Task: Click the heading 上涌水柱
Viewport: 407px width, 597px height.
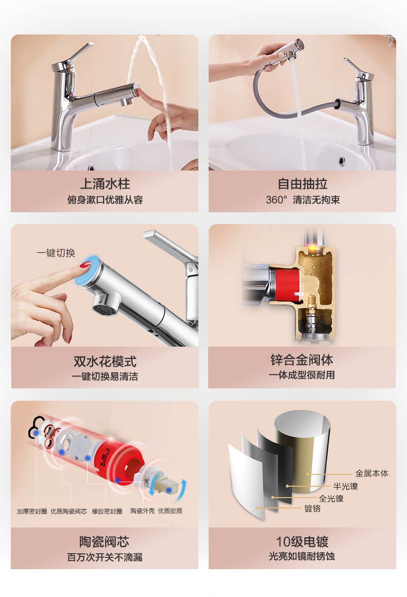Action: pyautogui.click(x=105, y=183)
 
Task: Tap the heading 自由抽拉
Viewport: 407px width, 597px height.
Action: pyautogui.click(x=302, y=183)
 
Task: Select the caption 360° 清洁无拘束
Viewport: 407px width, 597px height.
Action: pyautogui.click(x=303, y=200)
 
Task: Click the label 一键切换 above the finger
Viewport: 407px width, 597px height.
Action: pyautogui.click(x=56, y=253)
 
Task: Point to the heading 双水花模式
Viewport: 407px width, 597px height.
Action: pyautogui.click(x=105, y=361)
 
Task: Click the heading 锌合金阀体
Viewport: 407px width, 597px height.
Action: pyautogui.click(x=302, y=360)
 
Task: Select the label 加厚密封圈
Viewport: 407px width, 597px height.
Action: pyautogui.click(x=32, y=511)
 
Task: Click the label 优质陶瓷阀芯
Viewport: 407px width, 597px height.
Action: pyautogui.click(x=69, y=511)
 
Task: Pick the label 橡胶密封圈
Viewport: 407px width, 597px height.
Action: pyautogui.click(x=107, y=511)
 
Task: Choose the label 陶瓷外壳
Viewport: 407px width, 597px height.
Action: pyautogui.click(x=142, y=511)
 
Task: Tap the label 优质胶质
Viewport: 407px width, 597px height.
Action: pyautogui.click(x=170, y=511)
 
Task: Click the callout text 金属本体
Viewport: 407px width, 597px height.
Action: pyautogui.click(x=371, y=473)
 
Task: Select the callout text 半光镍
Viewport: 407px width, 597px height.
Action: pyautogui.click(x=345, y=486)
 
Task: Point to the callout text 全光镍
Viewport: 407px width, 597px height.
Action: pyautogui.click(x=331, y=499)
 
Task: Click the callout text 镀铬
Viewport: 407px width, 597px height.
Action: pyautogui.click(x=312, y=509)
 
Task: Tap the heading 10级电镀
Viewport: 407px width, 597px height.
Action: pyautogui.click(x=302, y=541)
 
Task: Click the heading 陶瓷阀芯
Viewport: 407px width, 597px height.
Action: pyautogui.click(x=104, y=541)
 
